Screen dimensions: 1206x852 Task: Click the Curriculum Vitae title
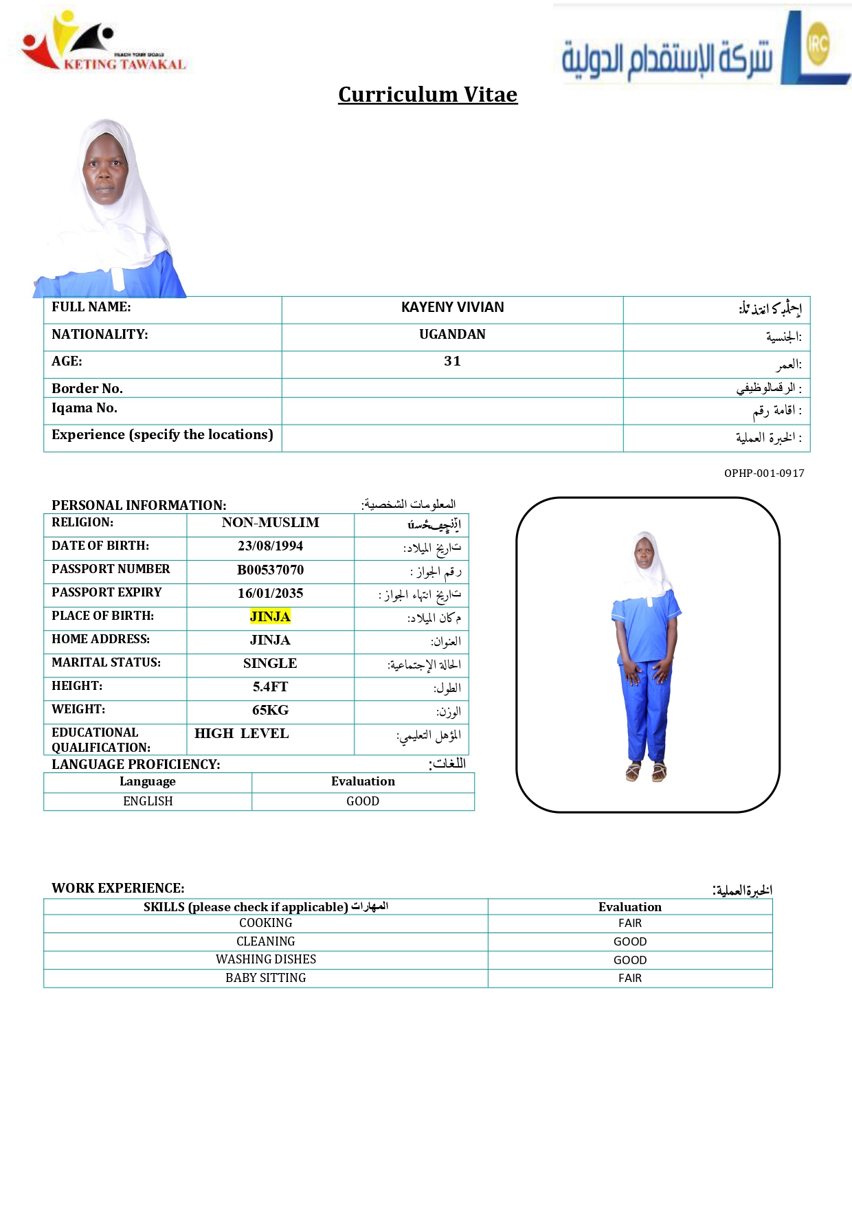[x=427, y=94]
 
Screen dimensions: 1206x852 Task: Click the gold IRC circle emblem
[x=818, y=43]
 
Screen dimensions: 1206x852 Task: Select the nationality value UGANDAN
[x=452, y=335]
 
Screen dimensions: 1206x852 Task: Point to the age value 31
[x=452, y=361]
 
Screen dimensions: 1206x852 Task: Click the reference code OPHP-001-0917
[x=764, y=473]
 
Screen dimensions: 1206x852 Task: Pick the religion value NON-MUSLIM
[x=270, y=523]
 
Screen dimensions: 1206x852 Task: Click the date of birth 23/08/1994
[x=270, y=546]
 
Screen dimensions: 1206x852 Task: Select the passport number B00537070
[x=270, y=570]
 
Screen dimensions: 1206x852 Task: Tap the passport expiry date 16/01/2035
[x=270, y=594]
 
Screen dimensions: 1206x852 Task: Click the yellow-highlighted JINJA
[x=270, y=617]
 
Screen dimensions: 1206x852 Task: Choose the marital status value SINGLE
[x=270, y=664]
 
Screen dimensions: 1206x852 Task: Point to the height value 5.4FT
[x=270, y=687]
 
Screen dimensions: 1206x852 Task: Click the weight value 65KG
[x=270, y=711]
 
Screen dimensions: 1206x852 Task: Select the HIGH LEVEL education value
[x=241, y=734]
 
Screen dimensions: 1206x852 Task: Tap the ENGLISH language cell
[x=148, y=801]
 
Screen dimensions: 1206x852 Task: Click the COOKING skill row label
[x=265, y=923]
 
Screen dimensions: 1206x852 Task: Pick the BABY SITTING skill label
[x=265, y=978]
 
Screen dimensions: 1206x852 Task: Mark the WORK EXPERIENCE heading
[x=117, y=888]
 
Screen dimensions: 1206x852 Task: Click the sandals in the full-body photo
[x=646, y=772]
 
